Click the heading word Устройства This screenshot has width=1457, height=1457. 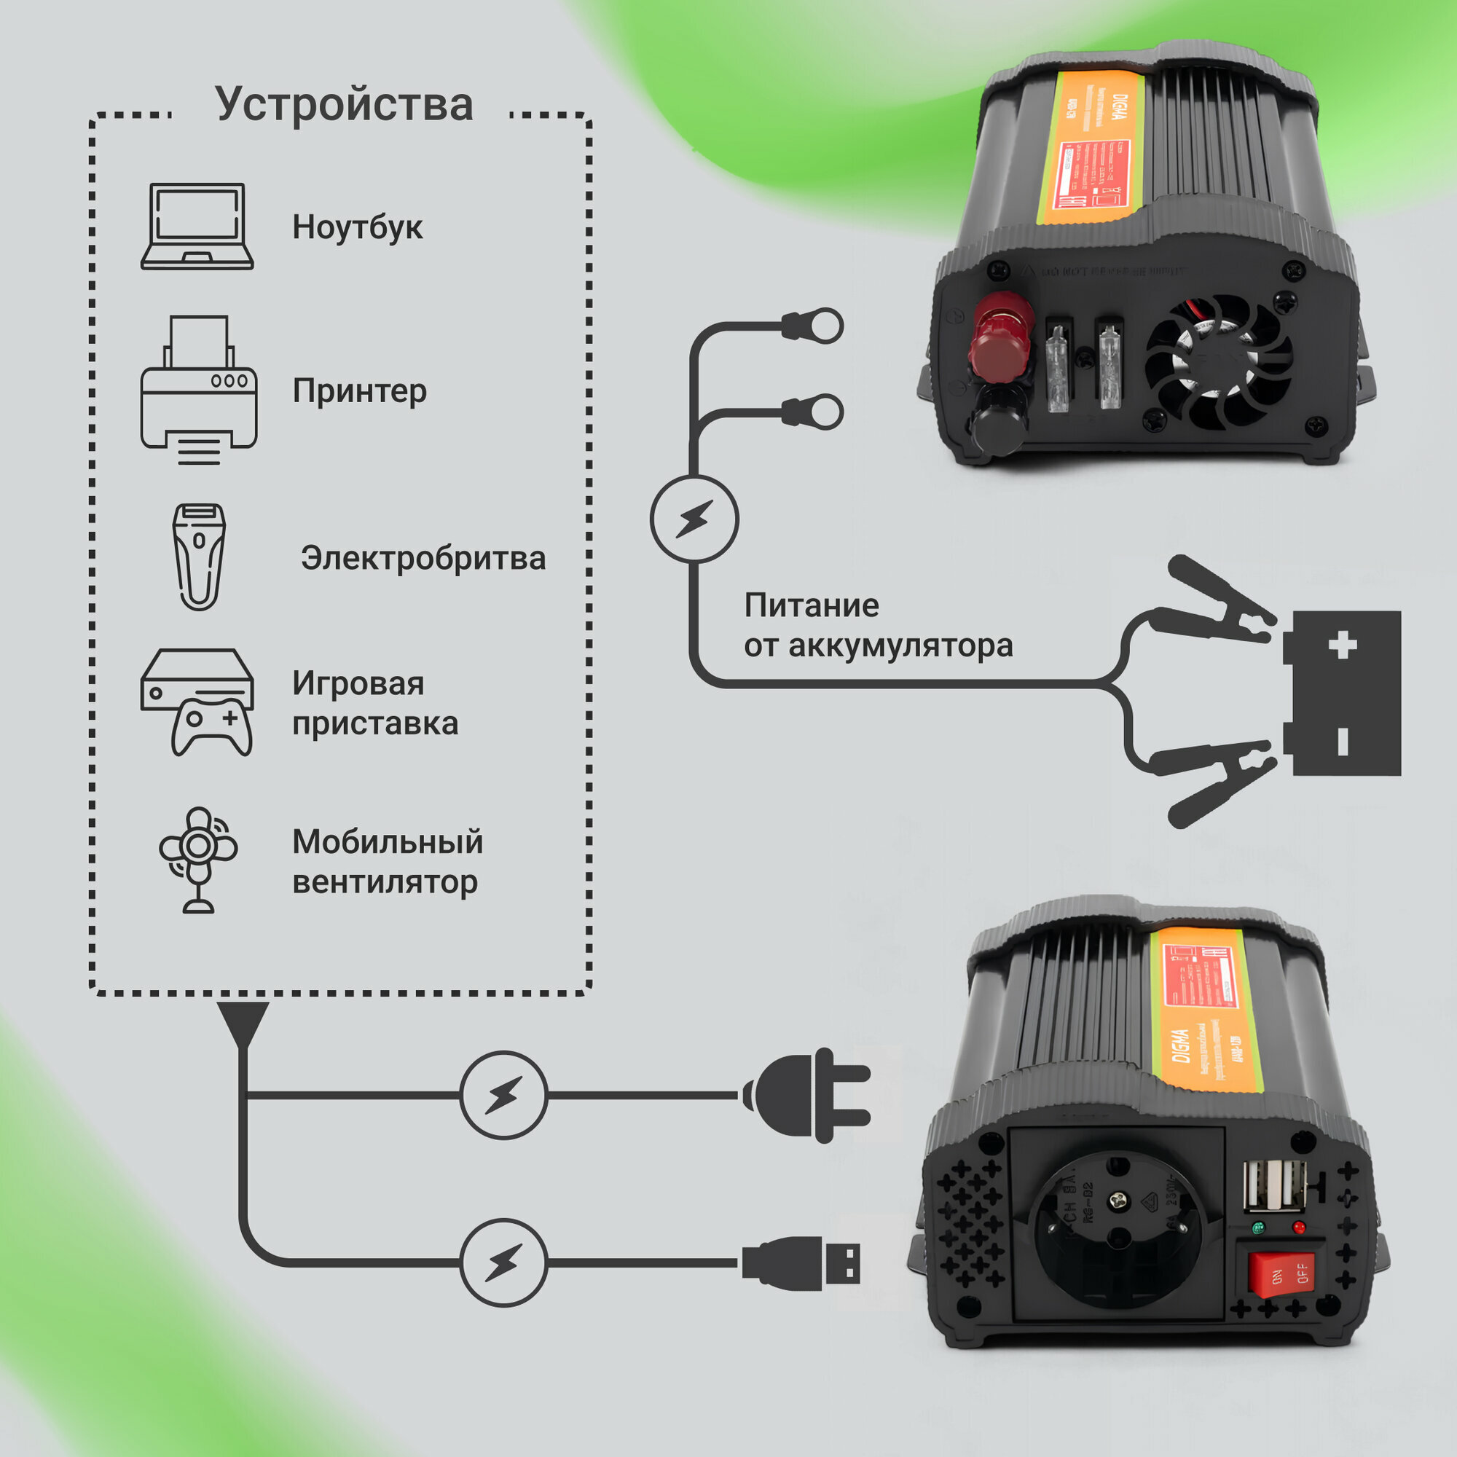(x=344, y=104)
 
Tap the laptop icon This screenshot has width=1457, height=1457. (x=197, y=227)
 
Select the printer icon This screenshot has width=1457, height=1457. (x=199, y=389)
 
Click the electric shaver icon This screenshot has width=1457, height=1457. (x=198, y=557)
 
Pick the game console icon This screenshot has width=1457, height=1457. (x=197, y=702)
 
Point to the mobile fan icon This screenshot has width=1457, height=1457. (x=198, y=859)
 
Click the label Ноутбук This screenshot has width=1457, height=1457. (x=358, y=227)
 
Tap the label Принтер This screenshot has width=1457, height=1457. (x=360, y=390)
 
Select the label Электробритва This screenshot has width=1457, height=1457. (x=423, y=558)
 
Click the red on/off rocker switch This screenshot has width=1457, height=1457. (x=1281, y=1273)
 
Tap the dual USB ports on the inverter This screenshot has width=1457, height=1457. (x=1273, y=1186)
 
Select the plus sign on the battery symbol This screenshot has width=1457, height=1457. (x=1343, y=645)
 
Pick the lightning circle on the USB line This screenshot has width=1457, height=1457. (x=503, y=1262)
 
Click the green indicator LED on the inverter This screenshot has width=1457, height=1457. (x=1257, y=1228)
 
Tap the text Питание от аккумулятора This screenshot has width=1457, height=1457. (x=878, y=625)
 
